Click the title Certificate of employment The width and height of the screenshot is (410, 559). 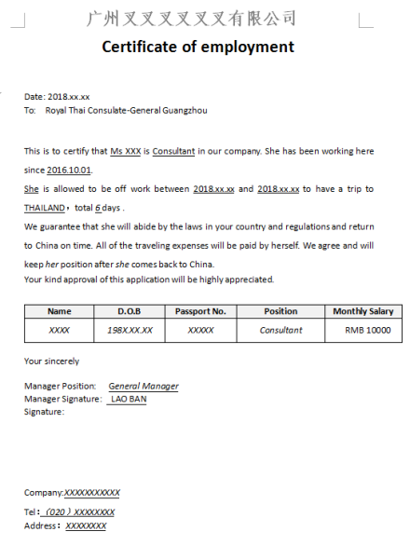coord(198,47)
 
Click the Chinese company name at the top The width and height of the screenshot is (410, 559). coord(191,18)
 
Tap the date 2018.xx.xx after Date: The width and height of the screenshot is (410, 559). coord(69,97)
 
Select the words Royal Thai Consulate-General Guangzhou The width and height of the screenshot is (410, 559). coord(126,110)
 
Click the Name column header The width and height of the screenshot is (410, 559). coord(59,311)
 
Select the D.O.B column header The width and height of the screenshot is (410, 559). coord(129,311)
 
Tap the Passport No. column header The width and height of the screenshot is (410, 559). coord(200,311)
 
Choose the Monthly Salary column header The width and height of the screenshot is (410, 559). coord(362,311)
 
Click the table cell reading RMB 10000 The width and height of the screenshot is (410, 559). coord(367,330)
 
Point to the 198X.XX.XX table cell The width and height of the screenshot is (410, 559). coord(129,330)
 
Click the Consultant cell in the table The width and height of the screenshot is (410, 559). coord(280,330)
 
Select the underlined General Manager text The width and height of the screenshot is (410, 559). coord(143,386)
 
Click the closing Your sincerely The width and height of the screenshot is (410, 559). coord(51,361)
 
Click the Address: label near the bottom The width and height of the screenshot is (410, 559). coord(41,525)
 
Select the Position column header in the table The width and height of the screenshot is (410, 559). coord(280,311)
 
